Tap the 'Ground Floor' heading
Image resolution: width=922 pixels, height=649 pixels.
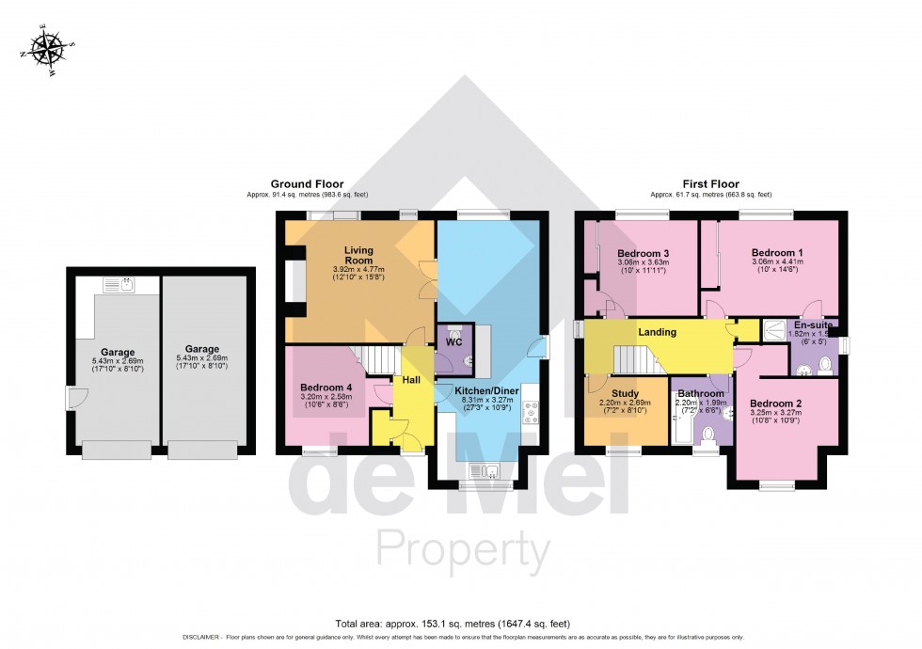tap(307, 184)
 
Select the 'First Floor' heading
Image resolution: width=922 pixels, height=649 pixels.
tap(710, 184)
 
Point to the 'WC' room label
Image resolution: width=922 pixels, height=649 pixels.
tap(453, 342)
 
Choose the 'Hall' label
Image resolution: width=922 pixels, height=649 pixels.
tap(412, 379)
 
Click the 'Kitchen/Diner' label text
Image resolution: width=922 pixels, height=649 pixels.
tap(486, 389)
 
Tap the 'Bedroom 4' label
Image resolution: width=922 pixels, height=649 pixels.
tap(326, 388)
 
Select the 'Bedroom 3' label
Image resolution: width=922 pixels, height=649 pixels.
tap(643, 254)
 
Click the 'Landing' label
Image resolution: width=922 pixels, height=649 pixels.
tap(657, 332)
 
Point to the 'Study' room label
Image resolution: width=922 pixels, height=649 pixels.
tap(625, 394)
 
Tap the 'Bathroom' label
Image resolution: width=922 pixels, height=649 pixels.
tap(701, 394)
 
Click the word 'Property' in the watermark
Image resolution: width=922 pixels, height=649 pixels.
tap(462, 549)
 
